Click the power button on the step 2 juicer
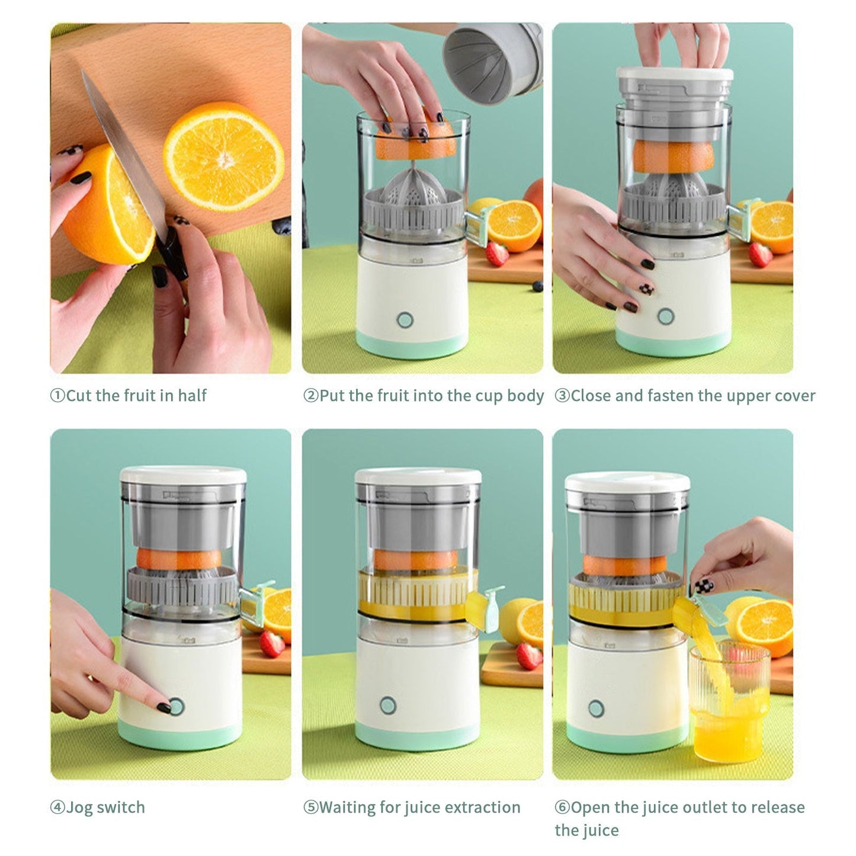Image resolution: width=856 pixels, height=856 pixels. [x=405, y=320]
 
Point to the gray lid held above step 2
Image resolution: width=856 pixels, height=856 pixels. [x=491, y=56]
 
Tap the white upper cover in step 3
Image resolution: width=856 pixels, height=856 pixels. [x=675, y=75]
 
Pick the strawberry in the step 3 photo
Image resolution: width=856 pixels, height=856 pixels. [x=761, y=254]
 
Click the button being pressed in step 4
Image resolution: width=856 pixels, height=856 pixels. [x=176, y=706]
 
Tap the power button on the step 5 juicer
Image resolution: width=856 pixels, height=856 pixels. [x=387, y=705]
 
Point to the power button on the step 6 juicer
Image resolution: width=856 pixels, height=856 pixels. [x=597, y=707]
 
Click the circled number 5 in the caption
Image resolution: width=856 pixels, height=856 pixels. [x=311, y=807]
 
